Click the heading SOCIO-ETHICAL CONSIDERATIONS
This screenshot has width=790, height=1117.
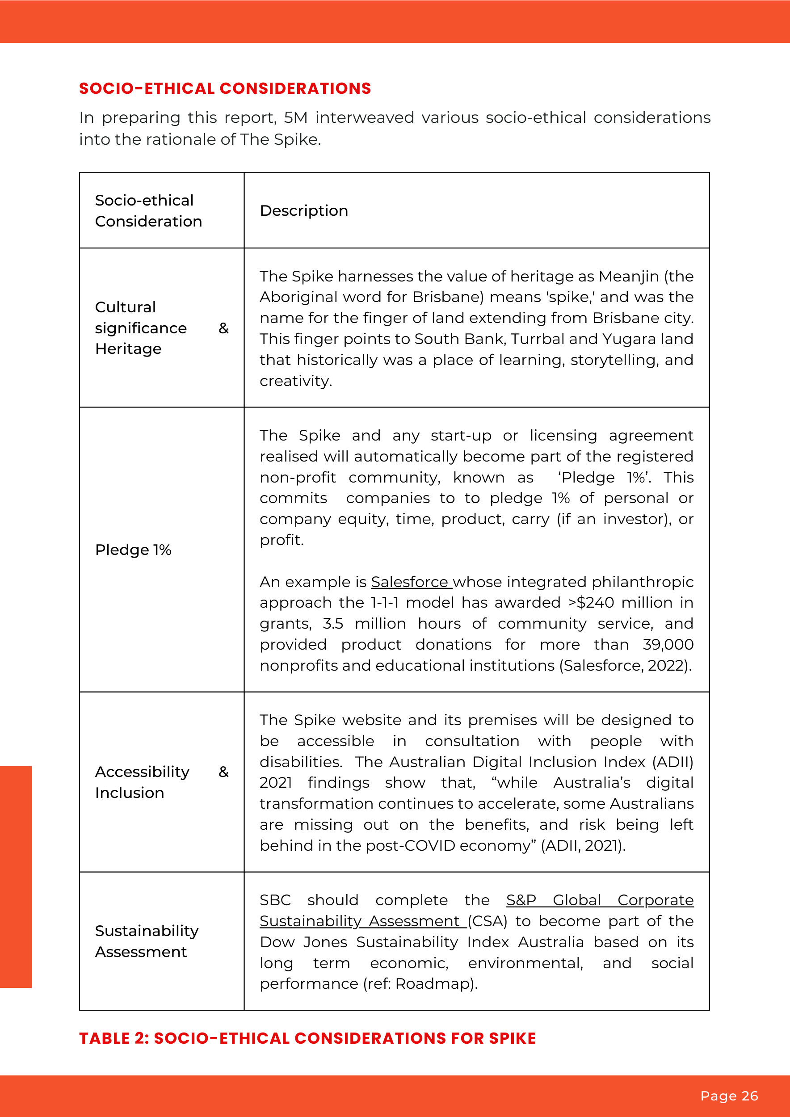coord(225,88)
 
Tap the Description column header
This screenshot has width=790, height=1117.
coord(303,210)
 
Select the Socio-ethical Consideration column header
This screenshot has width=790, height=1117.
coord(148,210)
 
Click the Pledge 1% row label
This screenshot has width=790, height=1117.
coord(133,550)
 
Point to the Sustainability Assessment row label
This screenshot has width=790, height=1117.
coord(147,941)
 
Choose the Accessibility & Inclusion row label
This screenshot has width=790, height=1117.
coord(142,782)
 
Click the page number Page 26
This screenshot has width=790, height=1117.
coord(729,1096)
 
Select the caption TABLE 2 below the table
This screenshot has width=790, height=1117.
coord(307,1038)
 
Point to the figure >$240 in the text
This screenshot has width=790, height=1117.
coord(591,603)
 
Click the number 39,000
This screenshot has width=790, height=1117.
coord(668,645)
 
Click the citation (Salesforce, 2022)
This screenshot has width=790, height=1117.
coord(625,666)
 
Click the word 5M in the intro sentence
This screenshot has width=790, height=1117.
coord(295,118)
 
